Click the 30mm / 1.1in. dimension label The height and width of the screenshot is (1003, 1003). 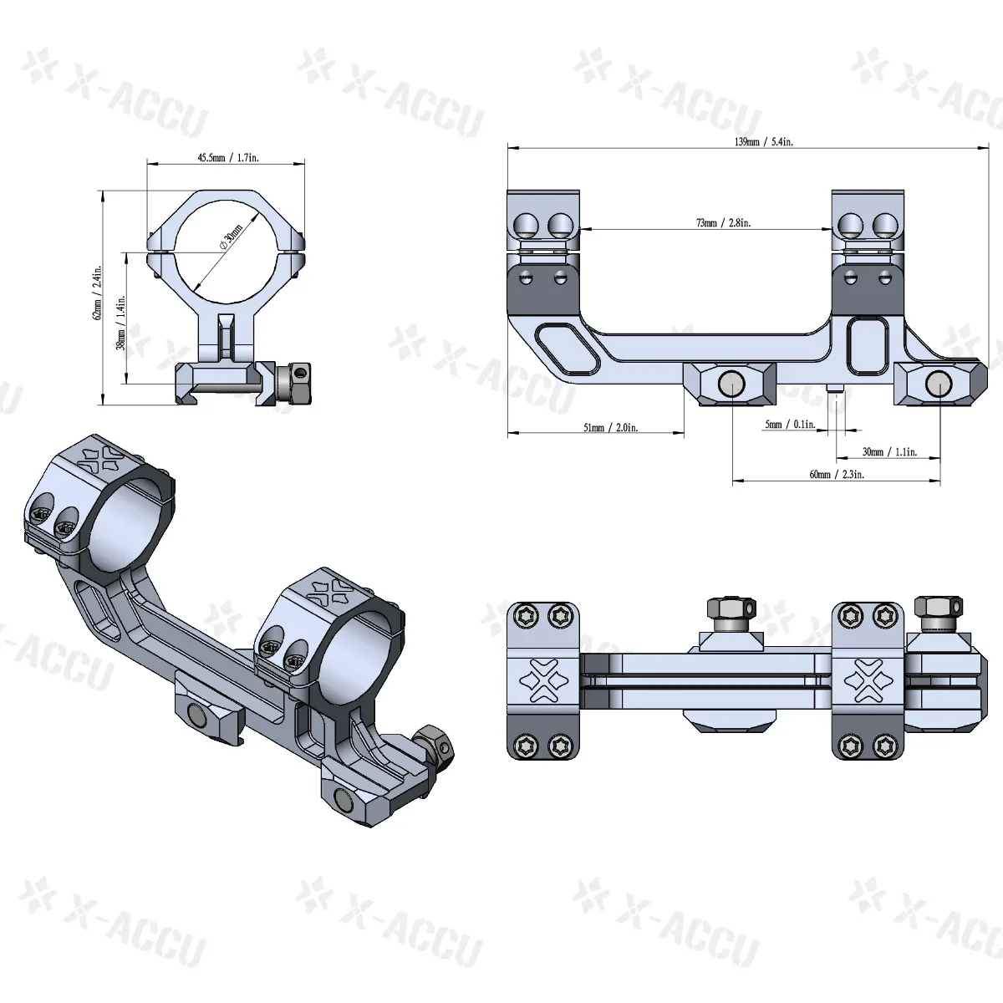coord(889,452)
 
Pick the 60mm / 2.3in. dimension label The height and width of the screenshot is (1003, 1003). coord(837,474)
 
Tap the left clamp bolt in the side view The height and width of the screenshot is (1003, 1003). coord(731,384)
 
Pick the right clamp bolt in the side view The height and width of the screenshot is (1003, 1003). coord(937,382)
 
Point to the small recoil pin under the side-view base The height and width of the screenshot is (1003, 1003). coord(837,389)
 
